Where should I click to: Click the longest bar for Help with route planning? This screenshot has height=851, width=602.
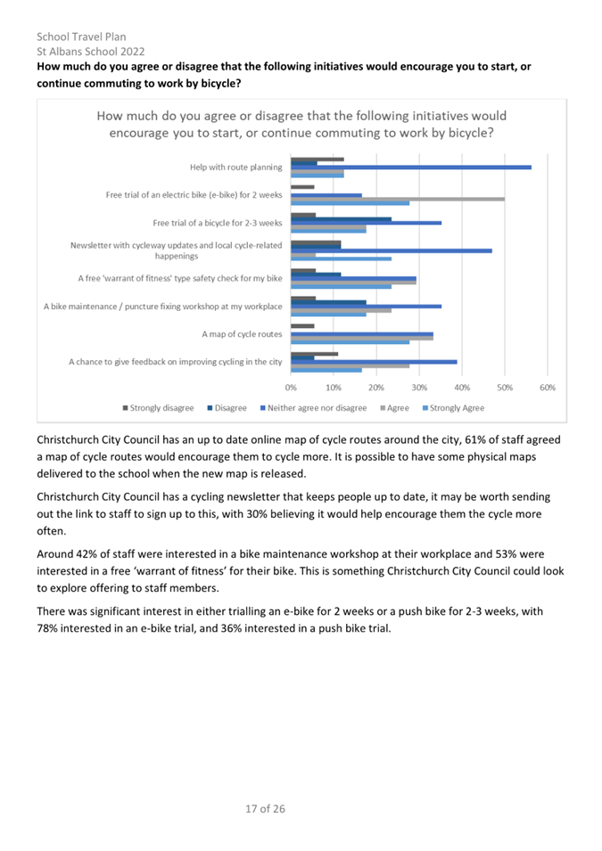pyautogui.click(x=411, y=168)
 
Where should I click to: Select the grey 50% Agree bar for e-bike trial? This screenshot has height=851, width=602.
pyautogui.click(x=398, y=199)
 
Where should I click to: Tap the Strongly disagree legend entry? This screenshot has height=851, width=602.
pyautogui.click(x=158, y=408)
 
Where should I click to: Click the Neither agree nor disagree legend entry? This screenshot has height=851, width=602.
pyautogui.click(x=314, y=408)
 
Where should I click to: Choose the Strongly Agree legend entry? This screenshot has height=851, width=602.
pyautogui.click(x=453, y=408)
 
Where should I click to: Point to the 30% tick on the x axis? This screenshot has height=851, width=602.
pyautogui.click(x=419, y=388)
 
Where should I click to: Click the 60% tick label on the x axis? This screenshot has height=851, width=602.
pyautogui.click(x=547, y=388)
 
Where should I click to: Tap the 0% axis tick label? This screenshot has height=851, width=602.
pyautogui.click(x=291, y=388)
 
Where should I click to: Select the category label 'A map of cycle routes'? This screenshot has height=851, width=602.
pyautogui.click(x=242, y=334)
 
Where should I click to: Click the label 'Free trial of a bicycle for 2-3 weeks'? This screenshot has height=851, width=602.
pyautogui.click(x=218, y=223)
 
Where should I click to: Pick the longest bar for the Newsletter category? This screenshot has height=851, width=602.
pyautogui.click(x=392, y=250)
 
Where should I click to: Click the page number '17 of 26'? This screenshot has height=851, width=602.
pyautogui.click(x=265, y=808)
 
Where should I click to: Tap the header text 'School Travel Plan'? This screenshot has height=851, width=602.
pyautogui.click(x=81, y=37)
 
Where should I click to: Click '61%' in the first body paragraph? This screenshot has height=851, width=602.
pyautogui.click(x=475, y=439)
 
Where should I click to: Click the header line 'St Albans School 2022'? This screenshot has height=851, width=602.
pyautogui.click(x=91, y=52)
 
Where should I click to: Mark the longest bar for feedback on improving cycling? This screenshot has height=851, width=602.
pyautogui.click(x=374, y=362)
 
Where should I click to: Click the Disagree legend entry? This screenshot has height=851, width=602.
pyautogui.click(x=227, y=408)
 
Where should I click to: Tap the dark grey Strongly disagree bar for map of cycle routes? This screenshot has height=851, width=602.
pyautogui.click(x=302, y=326)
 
